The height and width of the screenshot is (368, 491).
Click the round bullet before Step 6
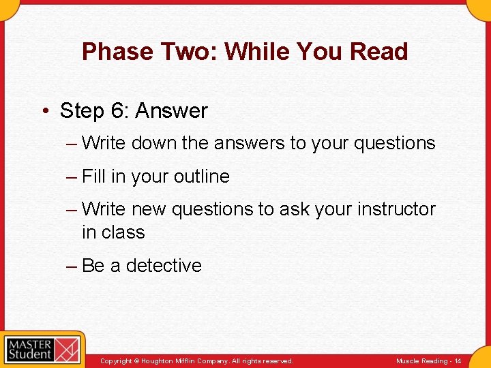tap(46, 111)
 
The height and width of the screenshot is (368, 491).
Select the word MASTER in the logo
tap(30, 343)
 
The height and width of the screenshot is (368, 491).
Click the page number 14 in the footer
tap(458, 361)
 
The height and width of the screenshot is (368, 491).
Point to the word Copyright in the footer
tap(116, 361)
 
